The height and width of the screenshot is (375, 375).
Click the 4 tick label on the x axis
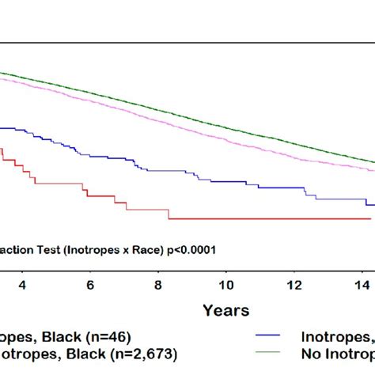pyautogui.click(x=22, y=284)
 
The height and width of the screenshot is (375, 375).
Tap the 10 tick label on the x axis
pyautogui.click(x=226, y=284)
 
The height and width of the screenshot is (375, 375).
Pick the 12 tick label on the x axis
pyautogui.click(x=294, y=284)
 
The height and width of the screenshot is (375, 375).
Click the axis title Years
pyautogui.click(x=226, y=310)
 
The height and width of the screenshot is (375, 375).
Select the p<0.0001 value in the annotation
pyautogui.click(x=186, y=248)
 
